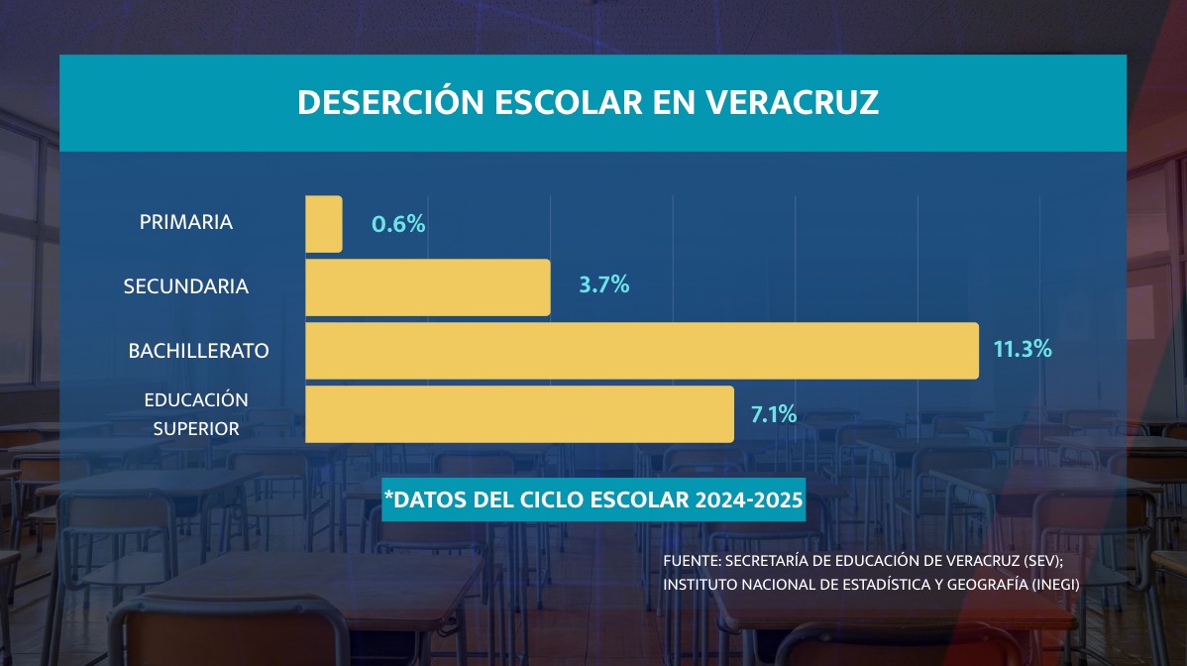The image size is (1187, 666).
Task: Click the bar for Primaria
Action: (x=324, y=224)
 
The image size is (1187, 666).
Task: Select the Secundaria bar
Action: (x=428, y=287)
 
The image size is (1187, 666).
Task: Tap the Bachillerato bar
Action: (x=642, y=351)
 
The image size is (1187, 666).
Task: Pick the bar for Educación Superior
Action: (x=519, y=414)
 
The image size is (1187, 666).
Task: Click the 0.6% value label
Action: (x=398, y=224)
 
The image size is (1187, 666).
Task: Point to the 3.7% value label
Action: (x=604, y=285)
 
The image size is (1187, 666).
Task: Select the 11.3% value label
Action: (x=1022, y=349)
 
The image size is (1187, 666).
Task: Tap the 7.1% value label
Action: (x=774, y=414)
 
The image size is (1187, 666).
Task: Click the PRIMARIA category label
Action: (x=186, y=222)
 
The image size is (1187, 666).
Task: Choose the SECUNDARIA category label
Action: (x=186, y=287)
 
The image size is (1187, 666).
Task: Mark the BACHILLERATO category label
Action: (x=199, y=351)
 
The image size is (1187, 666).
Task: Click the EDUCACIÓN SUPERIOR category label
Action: (x=195, y=414)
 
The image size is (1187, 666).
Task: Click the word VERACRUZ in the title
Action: (x=792, y=103)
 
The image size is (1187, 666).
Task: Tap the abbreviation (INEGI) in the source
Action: (x=1054, y=584)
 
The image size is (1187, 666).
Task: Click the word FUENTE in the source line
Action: (x=690, y=561)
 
